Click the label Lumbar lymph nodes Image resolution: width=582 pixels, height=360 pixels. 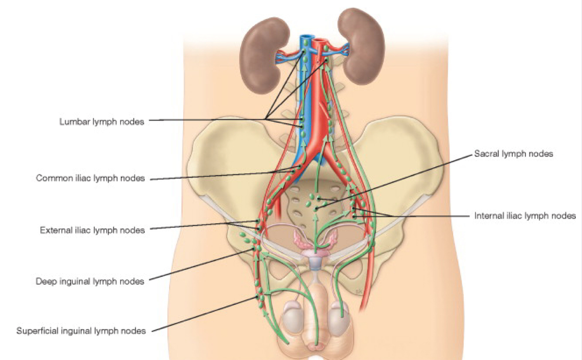pos(102,122)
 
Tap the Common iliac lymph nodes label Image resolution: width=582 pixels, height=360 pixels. pos(90,178)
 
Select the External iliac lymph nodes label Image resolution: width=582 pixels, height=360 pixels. pos(92,230)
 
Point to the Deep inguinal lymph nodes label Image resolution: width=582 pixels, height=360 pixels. pos(90,281)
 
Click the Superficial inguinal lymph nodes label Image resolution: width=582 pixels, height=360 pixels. pos(81,331)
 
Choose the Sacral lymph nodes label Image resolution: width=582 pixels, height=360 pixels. pos(514,154)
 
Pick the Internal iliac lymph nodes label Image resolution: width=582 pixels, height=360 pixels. pos(525,216)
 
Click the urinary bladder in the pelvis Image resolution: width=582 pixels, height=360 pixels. pos(315,262)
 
